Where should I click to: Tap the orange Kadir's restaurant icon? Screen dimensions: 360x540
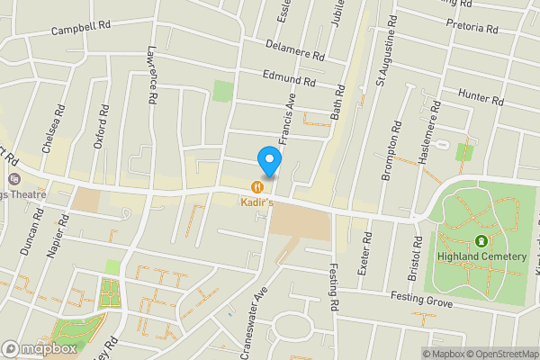pos(257,187)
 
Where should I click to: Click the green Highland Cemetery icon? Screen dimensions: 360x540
pos(481,241)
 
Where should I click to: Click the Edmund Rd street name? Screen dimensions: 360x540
pos(288,80)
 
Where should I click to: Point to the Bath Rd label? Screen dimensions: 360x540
pos(339,104)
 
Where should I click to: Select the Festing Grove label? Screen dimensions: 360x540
pos(420,298)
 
